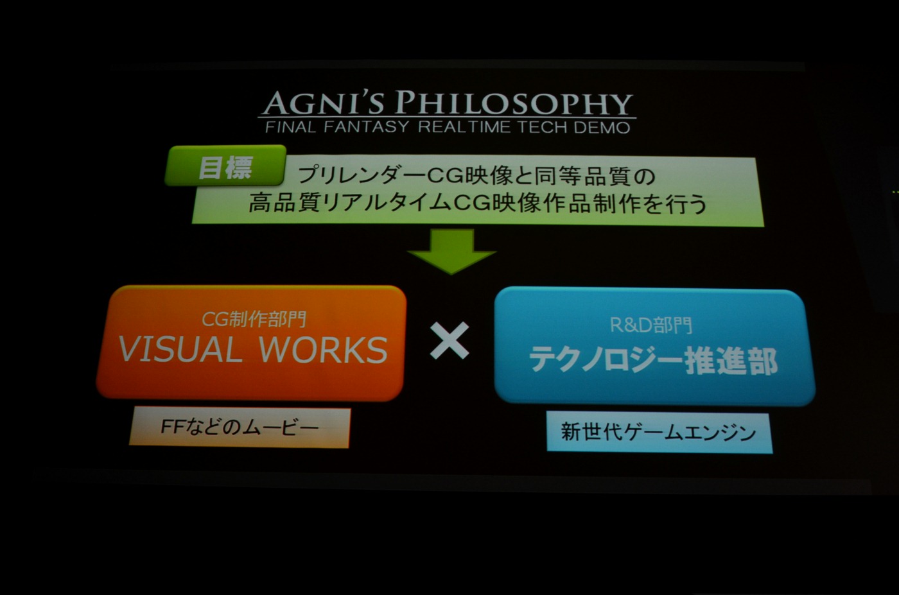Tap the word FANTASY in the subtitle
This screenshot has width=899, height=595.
(x=365, y=127)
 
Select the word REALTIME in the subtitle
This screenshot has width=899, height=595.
(x=465, y=127)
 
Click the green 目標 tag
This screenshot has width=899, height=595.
(x=225, y=166)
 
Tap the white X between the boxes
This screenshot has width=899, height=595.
(x=449, y=340)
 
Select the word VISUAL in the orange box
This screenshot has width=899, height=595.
(x=180, y=349)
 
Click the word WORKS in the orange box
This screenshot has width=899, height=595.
(x=323, y=349)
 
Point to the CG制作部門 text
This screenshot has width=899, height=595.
(x=253, y=320)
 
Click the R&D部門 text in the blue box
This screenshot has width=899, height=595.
(x=651, y=325)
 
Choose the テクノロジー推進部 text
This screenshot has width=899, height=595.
(x=654, y=360)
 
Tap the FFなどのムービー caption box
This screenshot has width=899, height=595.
(x=240, y=427)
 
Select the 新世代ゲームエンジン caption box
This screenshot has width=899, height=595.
(x=659, y=432)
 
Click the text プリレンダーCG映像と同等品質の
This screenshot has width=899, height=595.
(x=476, y=176)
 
